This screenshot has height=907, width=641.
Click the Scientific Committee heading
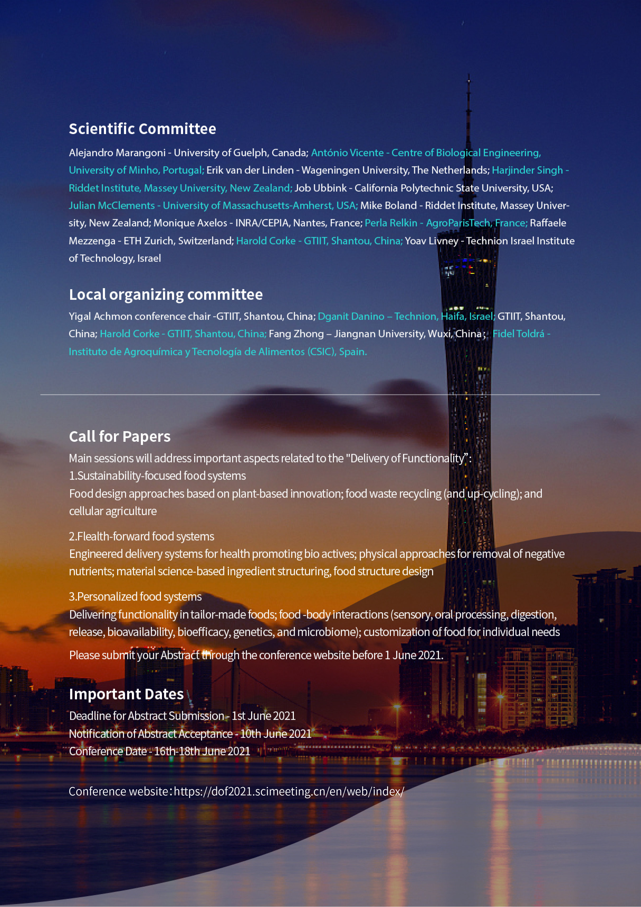142,129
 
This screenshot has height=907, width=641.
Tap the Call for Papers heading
120,436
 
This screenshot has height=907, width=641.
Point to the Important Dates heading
126,694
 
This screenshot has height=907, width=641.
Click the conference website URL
289,791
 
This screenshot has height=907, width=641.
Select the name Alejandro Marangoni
117,153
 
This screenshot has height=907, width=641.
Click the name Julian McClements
112,205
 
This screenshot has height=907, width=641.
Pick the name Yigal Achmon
100,316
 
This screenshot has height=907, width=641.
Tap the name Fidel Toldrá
518,334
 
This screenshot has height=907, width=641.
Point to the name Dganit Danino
351,316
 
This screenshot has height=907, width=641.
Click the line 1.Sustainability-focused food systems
157,476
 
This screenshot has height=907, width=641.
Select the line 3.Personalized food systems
135,596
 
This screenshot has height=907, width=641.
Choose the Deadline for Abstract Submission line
182,716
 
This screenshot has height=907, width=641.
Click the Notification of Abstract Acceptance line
190,734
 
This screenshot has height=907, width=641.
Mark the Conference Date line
160,751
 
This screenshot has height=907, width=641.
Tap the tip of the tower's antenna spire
469,75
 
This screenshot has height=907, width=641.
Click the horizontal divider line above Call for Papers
320,395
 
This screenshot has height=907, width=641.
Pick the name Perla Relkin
391,223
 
